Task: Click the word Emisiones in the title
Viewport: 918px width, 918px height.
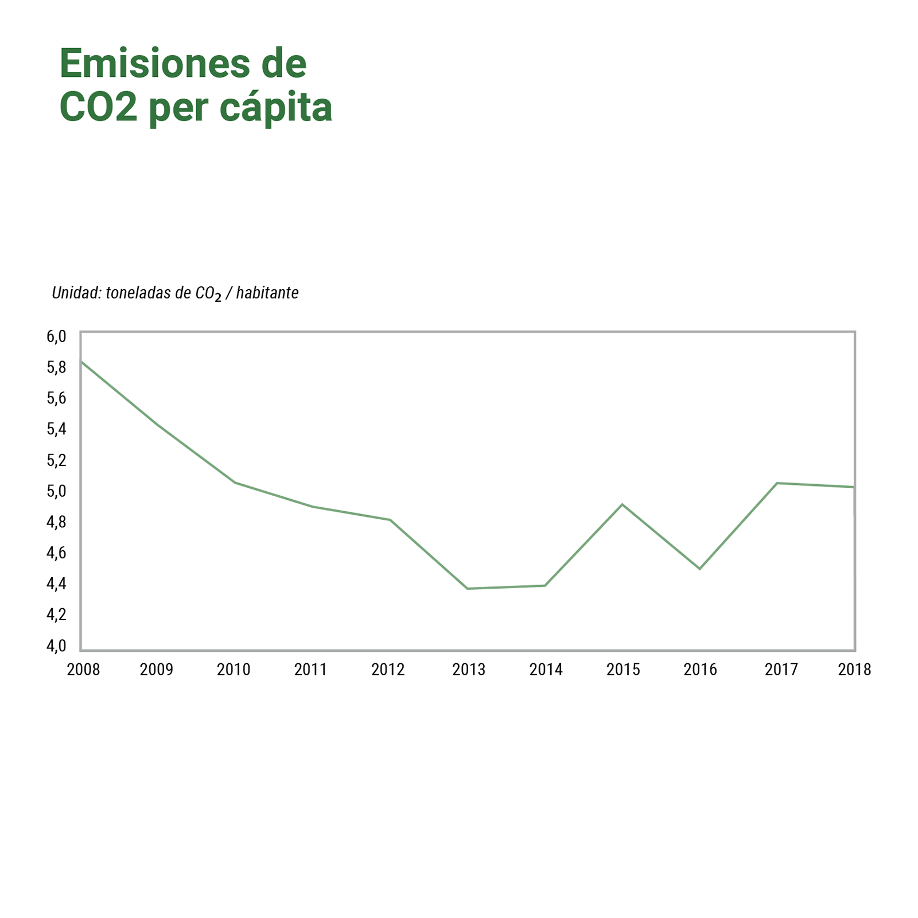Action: pos(154,64)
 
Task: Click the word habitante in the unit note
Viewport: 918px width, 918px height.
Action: pos(267,293)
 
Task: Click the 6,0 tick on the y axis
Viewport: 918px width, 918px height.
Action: pos(56,336)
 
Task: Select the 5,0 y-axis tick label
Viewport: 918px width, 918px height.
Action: pos(56,491)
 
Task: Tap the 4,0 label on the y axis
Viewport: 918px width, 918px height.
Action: pos(56,646)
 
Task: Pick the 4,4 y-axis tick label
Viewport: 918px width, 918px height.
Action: pos(56,584)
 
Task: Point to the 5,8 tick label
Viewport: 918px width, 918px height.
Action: pos(56,367)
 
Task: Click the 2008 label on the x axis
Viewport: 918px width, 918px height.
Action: pos(83,670)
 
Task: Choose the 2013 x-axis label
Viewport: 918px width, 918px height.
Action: pos(469,670)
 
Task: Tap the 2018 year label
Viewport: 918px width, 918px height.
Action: pos(854,670)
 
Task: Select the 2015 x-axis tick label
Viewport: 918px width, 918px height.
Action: pos(623,670)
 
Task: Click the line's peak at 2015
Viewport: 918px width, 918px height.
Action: pos(623,504)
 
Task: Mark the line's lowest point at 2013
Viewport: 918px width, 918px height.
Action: pos(468,589)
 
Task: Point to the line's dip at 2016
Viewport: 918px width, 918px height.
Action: pos(699,569)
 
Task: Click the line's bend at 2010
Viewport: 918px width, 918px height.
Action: pos(235,483)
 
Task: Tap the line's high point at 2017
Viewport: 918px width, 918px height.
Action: pos(777,483)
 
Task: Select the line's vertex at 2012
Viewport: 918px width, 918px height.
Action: pos(390,520)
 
